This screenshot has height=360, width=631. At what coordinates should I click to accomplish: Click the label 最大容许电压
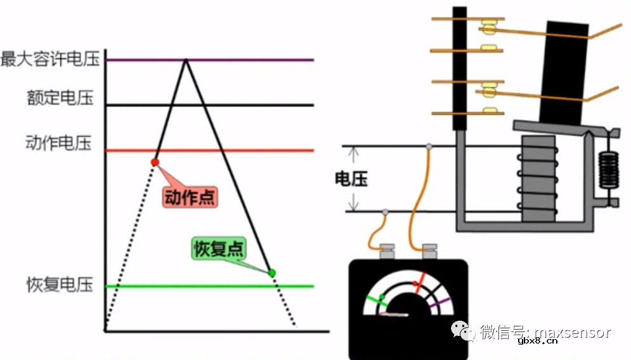pos(51,60)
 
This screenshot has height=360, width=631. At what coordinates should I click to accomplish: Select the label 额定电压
pos(60,98)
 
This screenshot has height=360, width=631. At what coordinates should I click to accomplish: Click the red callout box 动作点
pos(190,197)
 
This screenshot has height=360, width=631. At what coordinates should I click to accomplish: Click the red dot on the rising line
pos(155,162)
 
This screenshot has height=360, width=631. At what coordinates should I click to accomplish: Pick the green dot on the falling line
pos(272,273)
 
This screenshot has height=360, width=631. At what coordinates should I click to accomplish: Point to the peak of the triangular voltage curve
pos(186,60)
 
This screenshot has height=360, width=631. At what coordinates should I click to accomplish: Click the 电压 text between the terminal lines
pos(351,179)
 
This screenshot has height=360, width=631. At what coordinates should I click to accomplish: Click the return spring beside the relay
pos(609,170)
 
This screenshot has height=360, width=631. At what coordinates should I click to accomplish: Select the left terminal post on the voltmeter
pos(387,252)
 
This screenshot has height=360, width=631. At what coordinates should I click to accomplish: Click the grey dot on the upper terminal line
pos(429,146)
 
